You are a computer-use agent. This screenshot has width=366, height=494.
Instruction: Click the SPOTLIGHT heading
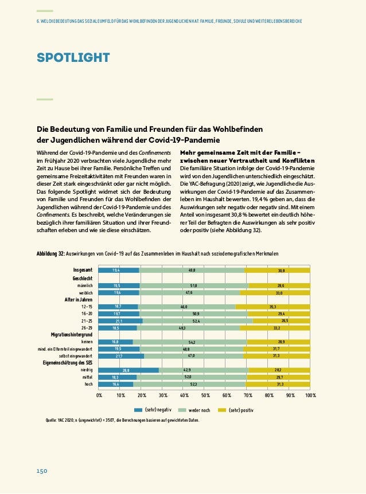coord(73,57)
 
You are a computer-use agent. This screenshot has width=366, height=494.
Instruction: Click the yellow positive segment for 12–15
coord(272,307)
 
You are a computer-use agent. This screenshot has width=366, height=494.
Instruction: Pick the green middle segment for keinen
coord(189,342)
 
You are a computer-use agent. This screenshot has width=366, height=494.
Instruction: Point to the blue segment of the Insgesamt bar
coord(119,270)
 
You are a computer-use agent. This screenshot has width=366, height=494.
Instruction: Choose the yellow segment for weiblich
coord(275,292)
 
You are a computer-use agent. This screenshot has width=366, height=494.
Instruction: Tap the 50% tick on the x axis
coord(205,395)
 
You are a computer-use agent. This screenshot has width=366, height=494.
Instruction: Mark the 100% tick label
coord(310,395)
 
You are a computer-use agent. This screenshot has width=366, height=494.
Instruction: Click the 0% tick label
coord(99,395)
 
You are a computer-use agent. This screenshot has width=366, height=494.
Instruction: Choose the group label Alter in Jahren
coord(78,299)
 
